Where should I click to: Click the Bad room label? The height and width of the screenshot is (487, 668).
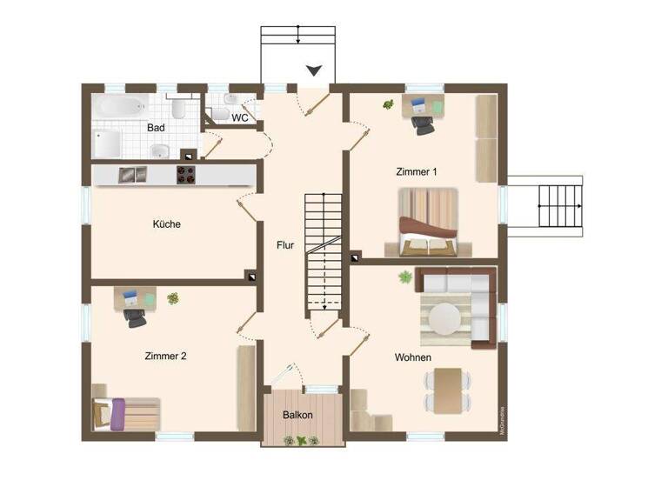tap(157, 127)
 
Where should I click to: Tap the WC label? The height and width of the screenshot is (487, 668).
tap(240, 117)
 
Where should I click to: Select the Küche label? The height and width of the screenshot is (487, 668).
tap(166, 223)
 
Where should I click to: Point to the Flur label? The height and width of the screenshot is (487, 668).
tap(286, 244)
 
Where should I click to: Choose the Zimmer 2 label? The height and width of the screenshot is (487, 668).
tap(165, 356)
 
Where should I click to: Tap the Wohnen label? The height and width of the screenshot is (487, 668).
tap(413, 357)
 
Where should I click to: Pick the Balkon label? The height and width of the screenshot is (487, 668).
tap(297, 415)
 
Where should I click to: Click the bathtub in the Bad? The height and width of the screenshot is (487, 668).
tap(121, 107)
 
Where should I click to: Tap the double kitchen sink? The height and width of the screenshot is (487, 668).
tap(133, 175)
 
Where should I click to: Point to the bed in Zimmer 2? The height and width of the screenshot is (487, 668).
tap(126, 413)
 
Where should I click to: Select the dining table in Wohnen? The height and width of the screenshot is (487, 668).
tap(448, 390)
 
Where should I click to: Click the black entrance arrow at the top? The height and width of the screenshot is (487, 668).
tap(314, 70)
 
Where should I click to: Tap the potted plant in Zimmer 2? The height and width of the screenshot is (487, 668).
tap(173, 298)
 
